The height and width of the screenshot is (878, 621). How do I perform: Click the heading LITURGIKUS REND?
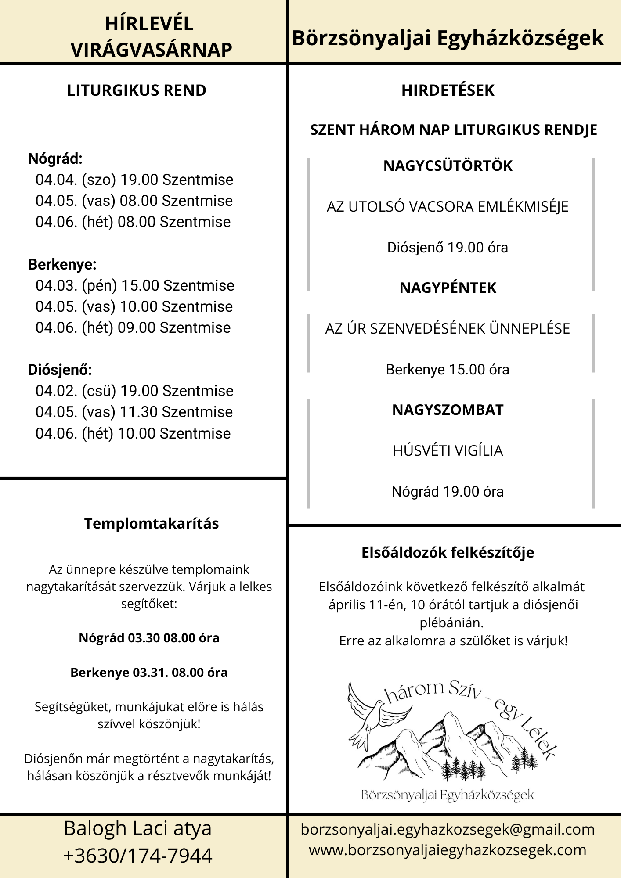click(x=137, y=90)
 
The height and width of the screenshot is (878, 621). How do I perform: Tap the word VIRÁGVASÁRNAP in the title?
click(x=152, y=50)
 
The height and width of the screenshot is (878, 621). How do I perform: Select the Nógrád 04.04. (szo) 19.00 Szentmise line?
click(x=134, y=180)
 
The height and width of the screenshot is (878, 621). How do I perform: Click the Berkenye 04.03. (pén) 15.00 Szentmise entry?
click(x=135, y=285)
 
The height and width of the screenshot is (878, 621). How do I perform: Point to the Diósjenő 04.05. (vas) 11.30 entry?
click(x=134, y=412)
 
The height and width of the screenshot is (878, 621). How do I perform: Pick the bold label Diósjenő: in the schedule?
click(x=60, y=370)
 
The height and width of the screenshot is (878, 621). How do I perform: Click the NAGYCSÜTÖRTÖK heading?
click(x=448, y=166)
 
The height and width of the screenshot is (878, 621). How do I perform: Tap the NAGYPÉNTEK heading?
click(x=448, y=288)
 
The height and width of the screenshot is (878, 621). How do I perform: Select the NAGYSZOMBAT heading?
click(x=448, y=410)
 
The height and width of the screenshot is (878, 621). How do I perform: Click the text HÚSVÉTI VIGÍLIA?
click(x=448, y=450)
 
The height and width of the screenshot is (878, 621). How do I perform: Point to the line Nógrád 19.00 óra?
click(x=448, y=491)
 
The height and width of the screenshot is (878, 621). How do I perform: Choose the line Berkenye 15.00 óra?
click(x=448, y=370)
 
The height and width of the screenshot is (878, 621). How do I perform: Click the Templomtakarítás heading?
click(x=152, y=523)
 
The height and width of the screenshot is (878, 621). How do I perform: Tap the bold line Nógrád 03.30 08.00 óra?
click(x=149, y=638)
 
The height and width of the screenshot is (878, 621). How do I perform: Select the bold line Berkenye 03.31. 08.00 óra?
click(x=149, y=673)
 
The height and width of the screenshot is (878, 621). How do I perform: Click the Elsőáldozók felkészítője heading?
click(x=448, y=552)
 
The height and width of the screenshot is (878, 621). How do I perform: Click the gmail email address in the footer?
click(x=448, y=829)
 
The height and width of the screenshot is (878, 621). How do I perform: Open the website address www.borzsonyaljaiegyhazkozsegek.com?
click(x=448, y=850)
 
